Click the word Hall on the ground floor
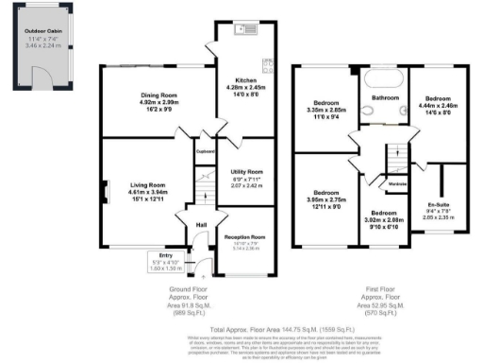click(x=202, y=224)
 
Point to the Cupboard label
click(x=205, y=150)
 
